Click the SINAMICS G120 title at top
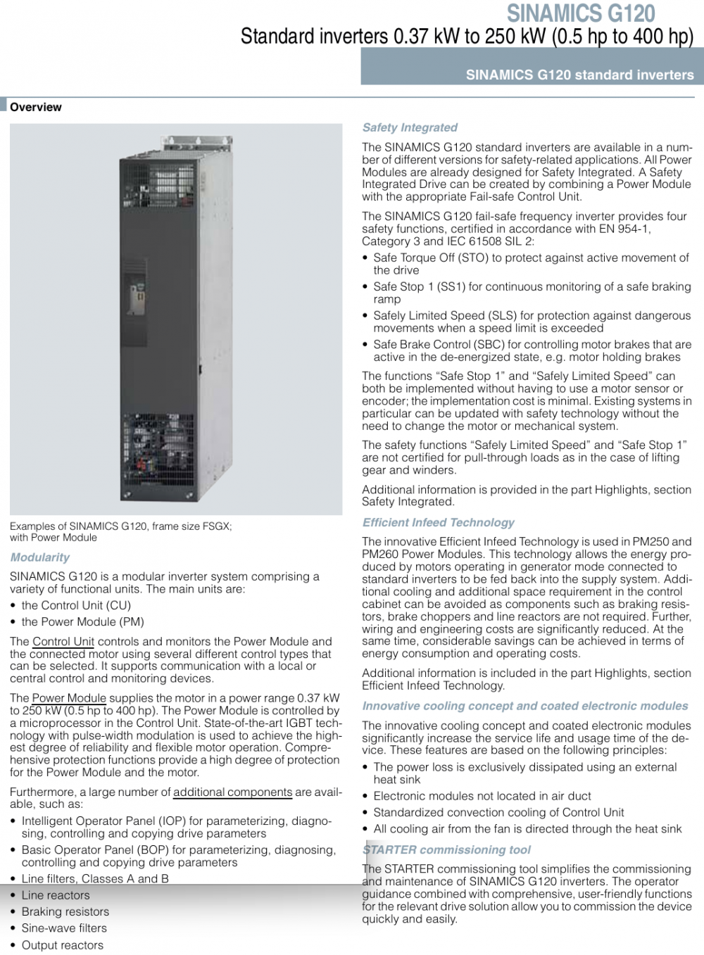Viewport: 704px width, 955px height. point(581,13)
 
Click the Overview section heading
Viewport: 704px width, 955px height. point(35,107)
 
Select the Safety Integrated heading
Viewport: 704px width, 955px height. point(410,127)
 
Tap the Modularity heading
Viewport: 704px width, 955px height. point(40,557)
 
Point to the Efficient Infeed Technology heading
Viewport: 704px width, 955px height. point(438,522)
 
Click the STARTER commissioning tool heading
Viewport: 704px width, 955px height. point(447,849)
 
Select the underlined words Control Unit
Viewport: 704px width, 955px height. point(63,641)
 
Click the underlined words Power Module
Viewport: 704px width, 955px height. point(69,698)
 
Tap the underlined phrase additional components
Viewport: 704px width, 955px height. point(232,792)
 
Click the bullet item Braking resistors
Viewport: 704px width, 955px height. point(65,911)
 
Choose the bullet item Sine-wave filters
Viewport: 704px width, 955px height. point(64,928)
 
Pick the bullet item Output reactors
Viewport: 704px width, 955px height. point(62,944)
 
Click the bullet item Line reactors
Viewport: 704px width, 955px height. point(56,895)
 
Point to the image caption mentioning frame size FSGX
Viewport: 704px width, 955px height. point(120,526)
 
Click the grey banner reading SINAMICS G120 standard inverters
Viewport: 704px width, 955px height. point(579,75)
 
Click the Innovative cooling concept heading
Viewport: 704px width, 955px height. point(525,706)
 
